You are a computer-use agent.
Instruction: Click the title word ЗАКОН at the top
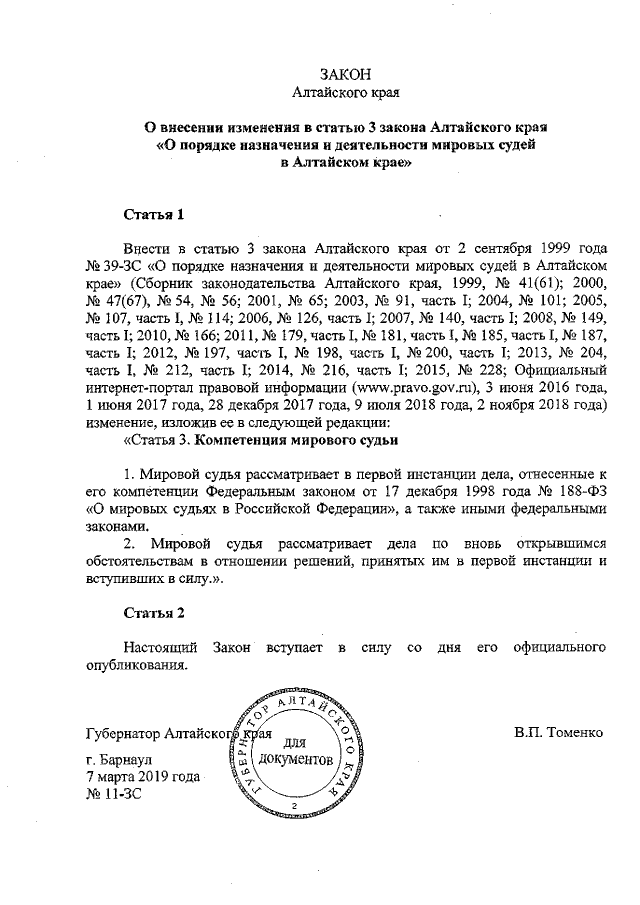click(x=345, y=76)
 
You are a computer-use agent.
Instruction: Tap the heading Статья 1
click(x=153, y=214)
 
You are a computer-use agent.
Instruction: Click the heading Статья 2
click(x=153, y=612)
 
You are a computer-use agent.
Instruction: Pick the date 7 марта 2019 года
click(x=144, y=777)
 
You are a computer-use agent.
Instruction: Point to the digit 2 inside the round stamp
click(x=294, y=805)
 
